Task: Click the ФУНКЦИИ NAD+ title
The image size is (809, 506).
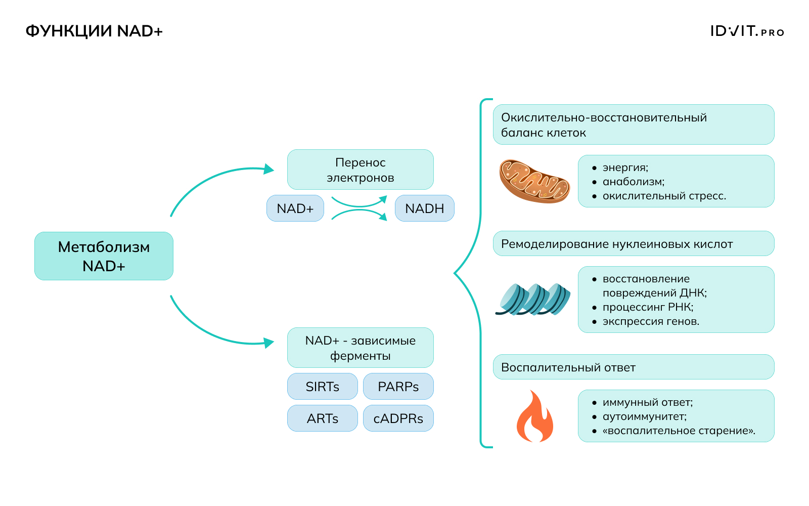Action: pyautogui.click(x=94, y=31)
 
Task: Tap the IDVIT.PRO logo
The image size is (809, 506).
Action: pyautogui.click(x=747, y=31)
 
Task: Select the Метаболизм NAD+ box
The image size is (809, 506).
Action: pyautogui.click(x=104, y=256)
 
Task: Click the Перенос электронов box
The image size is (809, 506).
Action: pyautogui.click(x=360, y=170)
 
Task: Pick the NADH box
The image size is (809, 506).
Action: pyautogui.click(x=424, y=208)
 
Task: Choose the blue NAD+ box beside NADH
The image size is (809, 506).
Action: pyautogui.click(x=295, y=208)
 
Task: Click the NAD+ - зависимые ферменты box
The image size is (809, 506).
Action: pyautogui.click(x=360, y=348)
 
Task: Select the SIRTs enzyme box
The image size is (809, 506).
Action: pyautogui.click(x=322, y=387)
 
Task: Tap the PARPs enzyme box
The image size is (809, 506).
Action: pyautogui.click(x=398, y=387)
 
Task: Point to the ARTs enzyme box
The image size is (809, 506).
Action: pyautogui.click(x=322, y=418)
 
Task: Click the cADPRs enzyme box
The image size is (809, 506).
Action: pyautogui.click(x=398, y=418)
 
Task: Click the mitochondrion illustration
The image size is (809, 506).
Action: pyautogui.click(x=534, y=181)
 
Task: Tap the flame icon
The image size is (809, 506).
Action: pyautogui.click(x=534, y=416)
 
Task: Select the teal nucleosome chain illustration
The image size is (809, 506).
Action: pyautogui.click(x=533, y=300)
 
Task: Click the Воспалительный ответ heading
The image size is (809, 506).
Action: pyautogui.click(x=568, y=367)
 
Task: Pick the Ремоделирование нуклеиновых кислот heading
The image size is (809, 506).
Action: pyautogui.click(x=617, y=244)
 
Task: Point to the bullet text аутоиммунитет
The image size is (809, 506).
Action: pyautogui.click(x=644, y=416)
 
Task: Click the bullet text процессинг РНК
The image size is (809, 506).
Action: pyautogui.click(x=648, y=307)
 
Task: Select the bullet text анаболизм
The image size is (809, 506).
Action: pyautogui.click(x=633, y=182)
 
